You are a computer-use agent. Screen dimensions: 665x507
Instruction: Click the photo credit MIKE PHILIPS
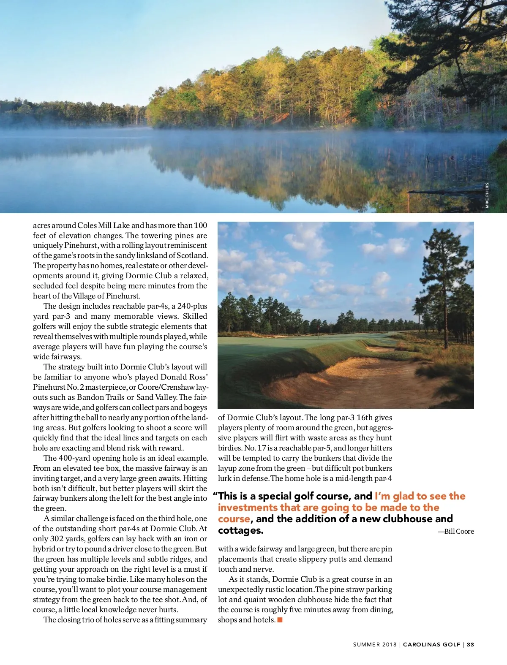(x=487, y=195)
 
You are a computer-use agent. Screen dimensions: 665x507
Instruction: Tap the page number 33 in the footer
(x=471, y=644)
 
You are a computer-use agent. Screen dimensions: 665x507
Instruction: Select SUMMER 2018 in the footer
(x=375, y=644)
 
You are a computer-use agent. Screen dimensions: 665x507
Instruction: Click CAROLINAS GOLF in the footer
(x=431, y=644)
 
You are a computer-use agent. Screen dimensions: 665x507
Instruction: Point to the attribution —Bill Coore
(x=456, y=532)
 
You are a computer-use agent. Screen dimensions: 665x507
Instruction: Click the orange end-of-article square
(x=280, y=620)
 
